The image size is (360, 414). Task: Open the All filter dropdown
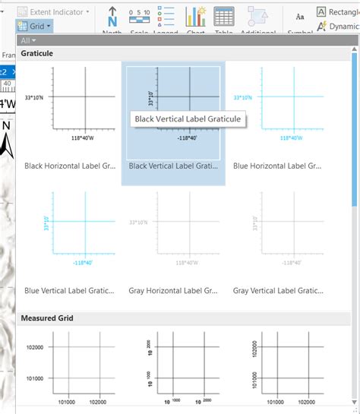pyautogui.click(x=28, y=40)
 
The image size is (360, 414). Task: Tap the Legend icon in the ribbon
pyautogui.click(x=165, y=17)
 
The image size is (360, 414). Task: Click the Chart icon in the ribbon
pyautogui.click(x=196, y=17)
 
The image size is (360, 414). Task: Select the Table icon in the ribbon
pyautogui.click(x=224, y=17)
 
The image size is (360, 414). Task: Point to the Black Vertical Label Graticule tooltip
pyautogui.click(x=187, y=119)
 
